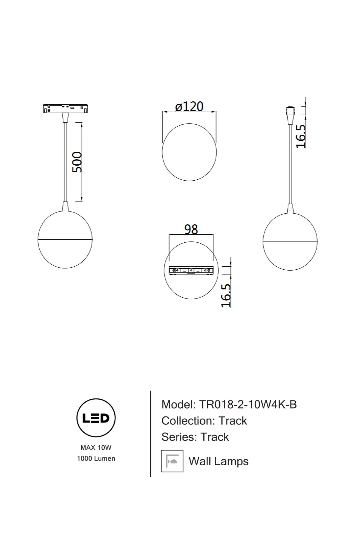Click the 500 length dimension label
point(77,162)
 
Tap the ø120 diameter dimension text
point(189,106)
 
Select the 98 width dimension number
point(191,229)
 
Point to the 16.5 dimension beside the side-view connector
point(301,136)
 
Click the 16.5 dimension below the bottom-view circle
point(226,295)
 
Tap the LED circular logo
point(96,418)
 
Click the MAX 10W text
point(96,448)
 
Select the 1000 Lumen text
point(96,458)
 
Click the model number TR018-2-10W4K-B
point(248,404)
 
